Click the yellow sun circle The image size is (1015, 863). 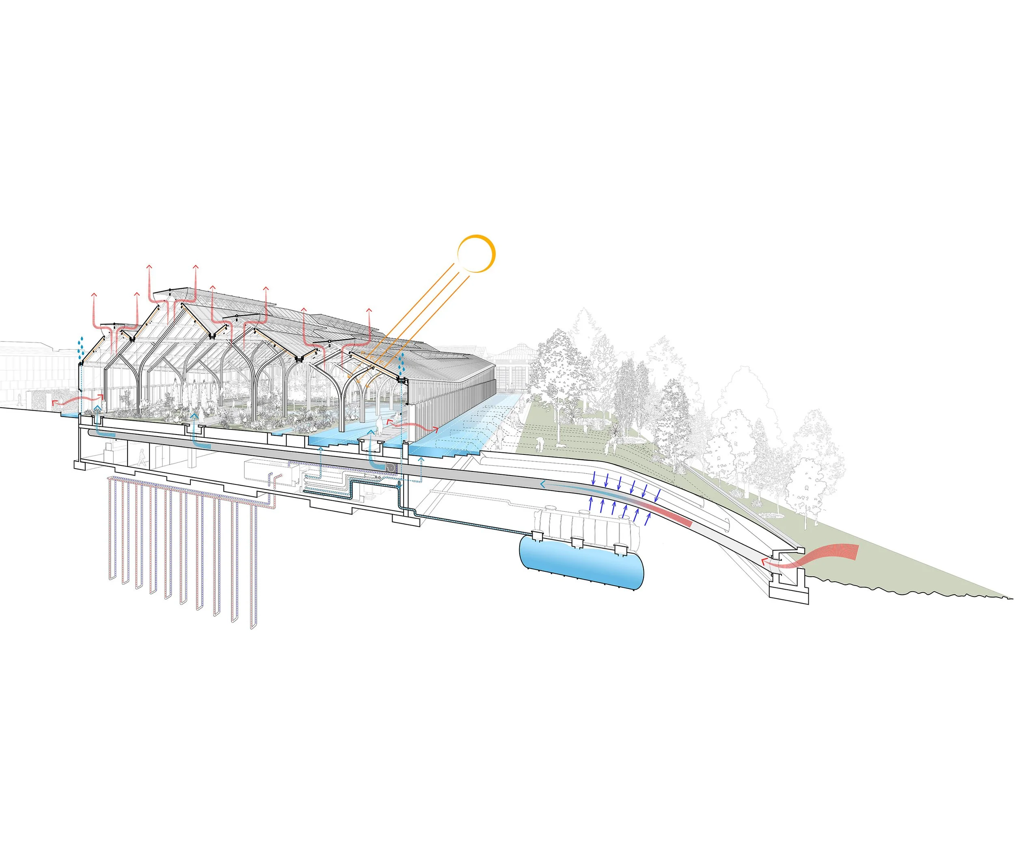click(476, 253)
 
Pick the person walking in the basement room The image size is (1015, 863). click(142, 459)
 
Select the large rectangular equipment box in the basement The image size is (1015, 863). click(271, 473)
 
